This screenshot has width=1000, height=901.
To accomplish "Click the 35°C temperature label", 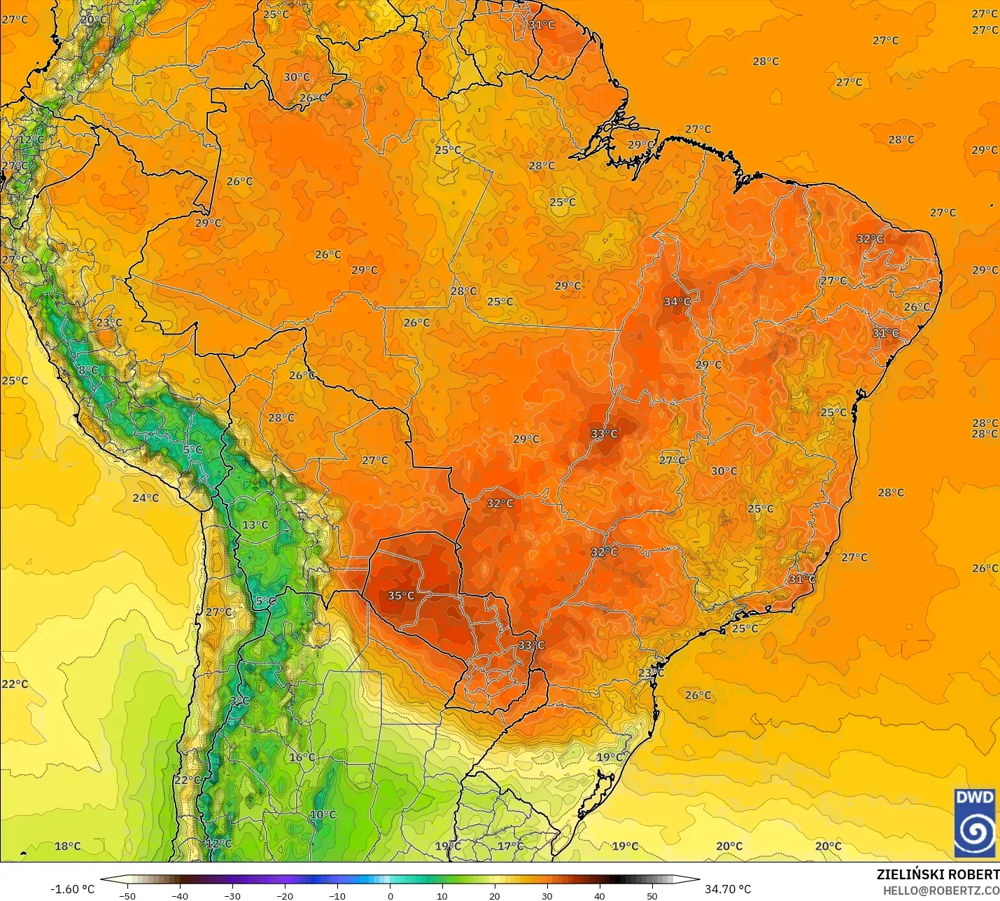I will pyautogui.click(x=401, y=596).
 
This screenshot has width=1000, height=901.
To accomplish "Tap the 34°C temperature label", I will pyautogui.click(x=677, y=302).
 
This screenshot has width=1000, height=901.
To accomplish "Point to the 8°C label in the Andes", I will pyautogui.click(x=88, y=370).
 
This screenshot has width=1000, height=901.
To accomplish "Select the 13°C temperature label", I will pyautogui.click(x=255, y=525).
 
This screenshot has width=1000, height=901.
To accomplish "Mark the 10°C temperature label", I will pyautogui.click(x=323, y=815).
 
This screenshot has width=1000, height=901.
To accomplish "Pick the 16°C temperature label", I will pyautogui.click(x=302, y=757).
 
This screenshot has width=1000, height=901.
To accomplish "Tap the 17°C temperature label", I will pyautogui.click(x=510, y=846).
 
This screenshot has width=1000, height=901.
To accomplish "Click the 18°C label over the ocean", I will pyautogui.click(x=68, y=846).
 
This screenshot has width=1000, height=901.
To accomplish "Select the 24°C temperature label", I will pyautogui.click(x=146, y=498).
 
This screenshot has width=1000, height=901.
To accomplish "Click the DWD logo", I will pyautogui.click(x=974, y=823).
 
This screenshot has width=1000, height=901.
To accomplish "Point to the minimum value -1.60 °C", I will pyautogui.click(x=72, y=889).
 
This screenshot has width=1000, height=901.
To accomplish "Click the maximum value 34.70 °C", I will pyautogui.click(x=728, y=889).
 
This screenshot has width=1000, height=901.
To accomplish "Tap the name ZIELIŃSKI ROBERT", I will pyautogui.click(x=938, y=874).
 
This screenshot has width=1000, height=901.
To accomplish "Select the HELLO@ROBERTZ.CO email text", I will pyautogui.click(x=941, y=890).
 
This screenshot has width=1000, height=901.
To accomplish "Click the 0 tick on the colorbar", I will pyautogui.click(x=390, y=895).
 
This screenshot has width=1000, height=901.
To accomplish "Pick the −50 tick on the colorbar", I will pyautogui.click(x=127, y=895).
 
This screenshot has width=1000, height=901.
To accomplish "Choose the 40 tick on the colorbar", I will pyautogui.click(x=599, y=895).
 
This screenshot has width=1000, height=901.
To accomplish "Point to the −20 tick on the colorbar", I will pyautogui.click(x=284, y=895).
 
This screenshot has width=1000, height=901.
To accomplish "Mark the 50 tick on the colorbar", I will pyautogui.click(x=652, y=895).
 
